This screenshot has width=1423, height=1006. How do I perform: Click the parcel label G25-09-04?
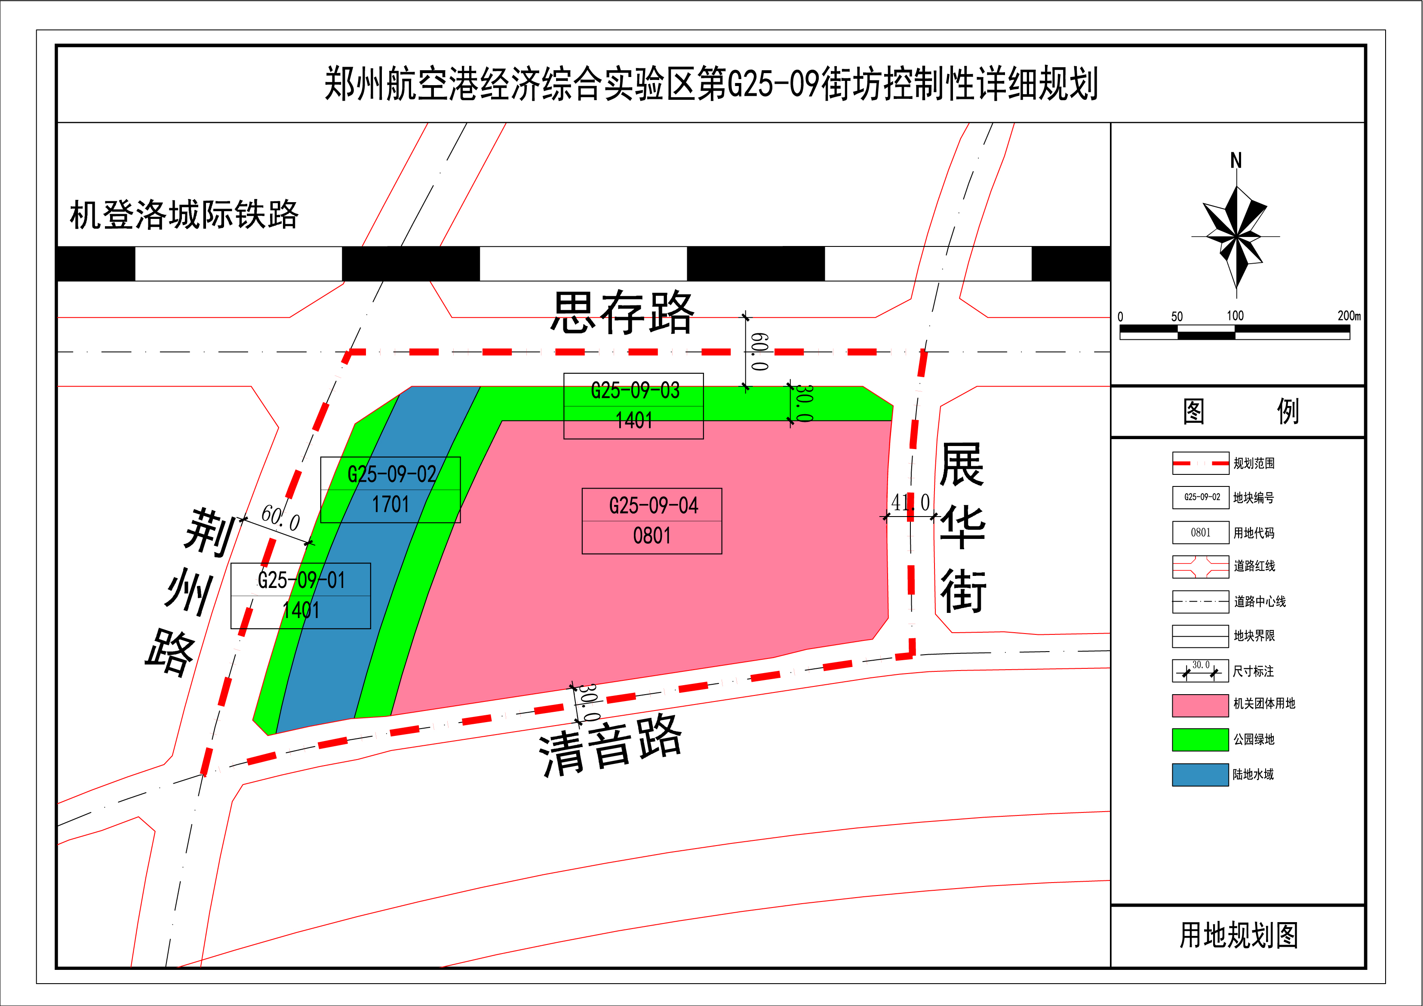click(x=653, y=506)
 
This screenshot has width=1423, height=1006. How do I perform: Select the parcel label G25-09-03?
click(x=635, y=391)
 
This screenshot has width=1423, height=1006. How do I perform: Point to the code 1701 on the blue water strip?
click(x=390, y=505)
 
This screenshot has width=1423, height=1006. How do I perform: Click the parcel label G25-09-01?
click(x=301, y=580)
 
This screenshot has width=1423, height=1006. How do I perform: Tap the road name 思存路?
click(x=623, y=313)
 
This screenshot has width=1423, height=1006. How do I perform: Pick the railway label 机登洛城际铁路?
click(x=184, y=215)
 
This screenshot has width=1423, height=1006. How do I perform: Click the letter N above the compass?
click(x=1236, y=160)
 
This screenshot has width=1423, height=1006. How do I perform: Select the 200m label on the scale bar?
click(x=1349, y=316)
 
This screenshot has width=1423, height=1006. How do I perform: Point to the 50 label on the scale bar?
click(x=1177, y=317)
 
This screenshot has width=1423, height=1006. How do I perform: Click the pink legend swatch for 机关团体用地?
click(x=1200, y=705)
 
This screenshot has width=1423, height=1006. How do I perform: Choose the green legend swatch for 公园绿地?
click(x=1200, y=739)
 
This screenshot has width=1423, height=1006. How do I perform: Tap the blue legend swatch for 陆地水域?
click(x=1200, y=775)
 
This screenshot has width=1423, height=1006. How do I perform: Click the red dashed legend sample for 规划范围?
click(x=1200, y=463)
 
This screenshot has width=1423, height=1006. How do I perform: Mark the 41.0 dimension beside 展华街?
click(x=910, y=503)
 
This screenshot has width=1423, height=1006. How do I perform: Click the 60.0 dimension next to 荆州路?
click(x=280, y=517)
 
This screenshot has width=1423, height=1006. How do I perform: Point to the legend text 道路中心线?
click(x=1260, y=601)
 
